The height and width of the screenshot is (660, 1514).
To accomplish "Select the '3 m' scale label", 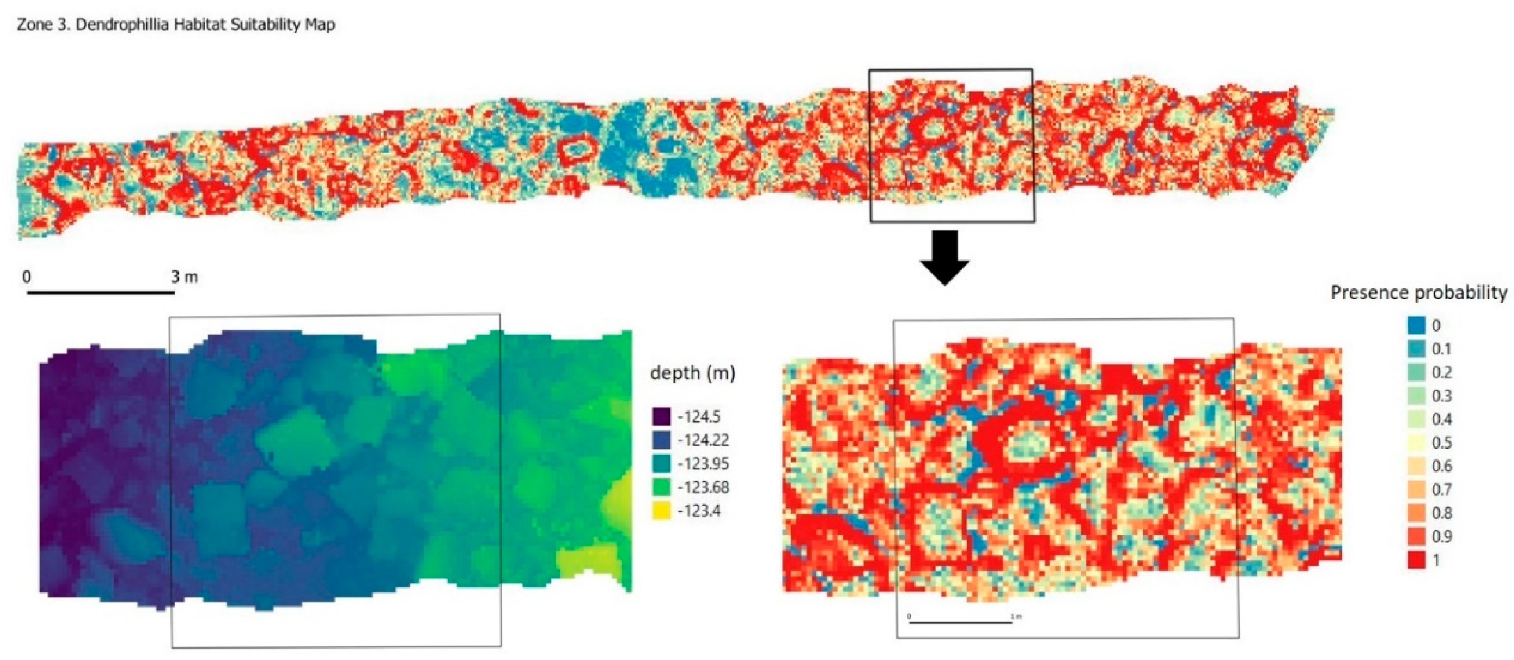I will coord(184,277).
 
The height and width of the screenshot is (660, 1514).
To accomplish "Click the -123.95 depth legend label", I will coord(703,464).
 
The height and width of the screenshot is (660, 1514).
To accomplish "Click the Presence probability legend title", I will coord(1418,293).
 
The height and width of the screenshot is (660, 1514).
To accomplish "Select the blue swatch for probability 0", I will coord(1416,325).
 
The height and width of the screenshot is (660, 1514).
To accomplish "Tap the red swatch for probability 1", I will coord(1416,560).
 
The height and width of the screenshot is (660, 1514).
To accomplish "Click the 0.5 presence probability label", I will coord(1441,442).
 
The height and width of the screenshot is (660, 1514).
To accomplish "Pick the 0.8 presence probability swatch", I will coord(1416,513).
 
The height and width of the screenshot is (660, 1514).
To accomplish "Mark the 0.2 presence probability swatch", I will coord(1416,372).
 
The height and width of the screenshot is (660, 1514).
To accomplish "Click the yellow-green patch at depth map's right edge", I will coord(620,500).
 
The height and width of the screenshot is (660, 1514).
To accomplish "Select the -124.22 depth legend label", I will coord(703,440).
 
